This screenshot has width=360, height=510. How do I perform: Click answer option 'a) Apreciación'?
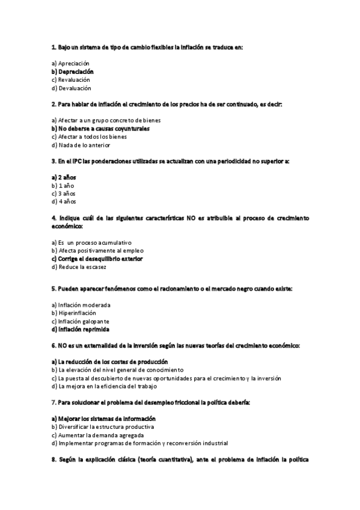click(x=70, y=63)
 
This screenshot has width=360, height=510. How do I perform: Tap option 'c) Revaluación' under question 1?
click(x=70, y=79)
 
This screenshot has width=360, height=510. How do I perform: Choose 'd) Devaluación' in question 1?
click(x=71, y=88)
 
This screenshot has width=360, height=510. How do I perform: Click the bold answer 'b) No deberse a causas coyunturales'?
click(x=100, y=129)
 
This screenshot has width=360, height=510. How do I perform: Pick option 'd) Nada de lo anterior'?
click(x=81, y=145)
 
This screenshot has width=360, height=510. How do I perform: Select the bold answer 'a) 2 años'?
click(x=64, y=177)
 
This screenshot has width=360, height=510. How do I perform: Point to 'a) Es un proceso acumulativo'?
click(x=91, y=242)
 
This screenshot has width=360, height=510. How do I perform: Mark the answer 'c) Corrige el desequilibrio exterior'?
click(x=97, y=259)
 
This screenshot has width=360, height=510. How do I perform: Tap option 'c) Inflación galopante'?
click(x=80, y=321)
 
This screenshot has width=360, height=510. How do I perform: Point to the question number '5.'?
click(x=53, y=289)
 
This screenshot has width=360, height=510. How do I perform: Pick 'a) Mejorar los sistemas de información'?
click(x=103, y=418)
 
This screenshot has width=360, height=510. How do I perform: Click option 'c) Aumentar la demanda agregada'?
click(x=97, y=435)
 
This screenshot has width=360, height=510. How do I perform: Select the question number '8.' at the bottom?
click(x=54, y=459)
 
